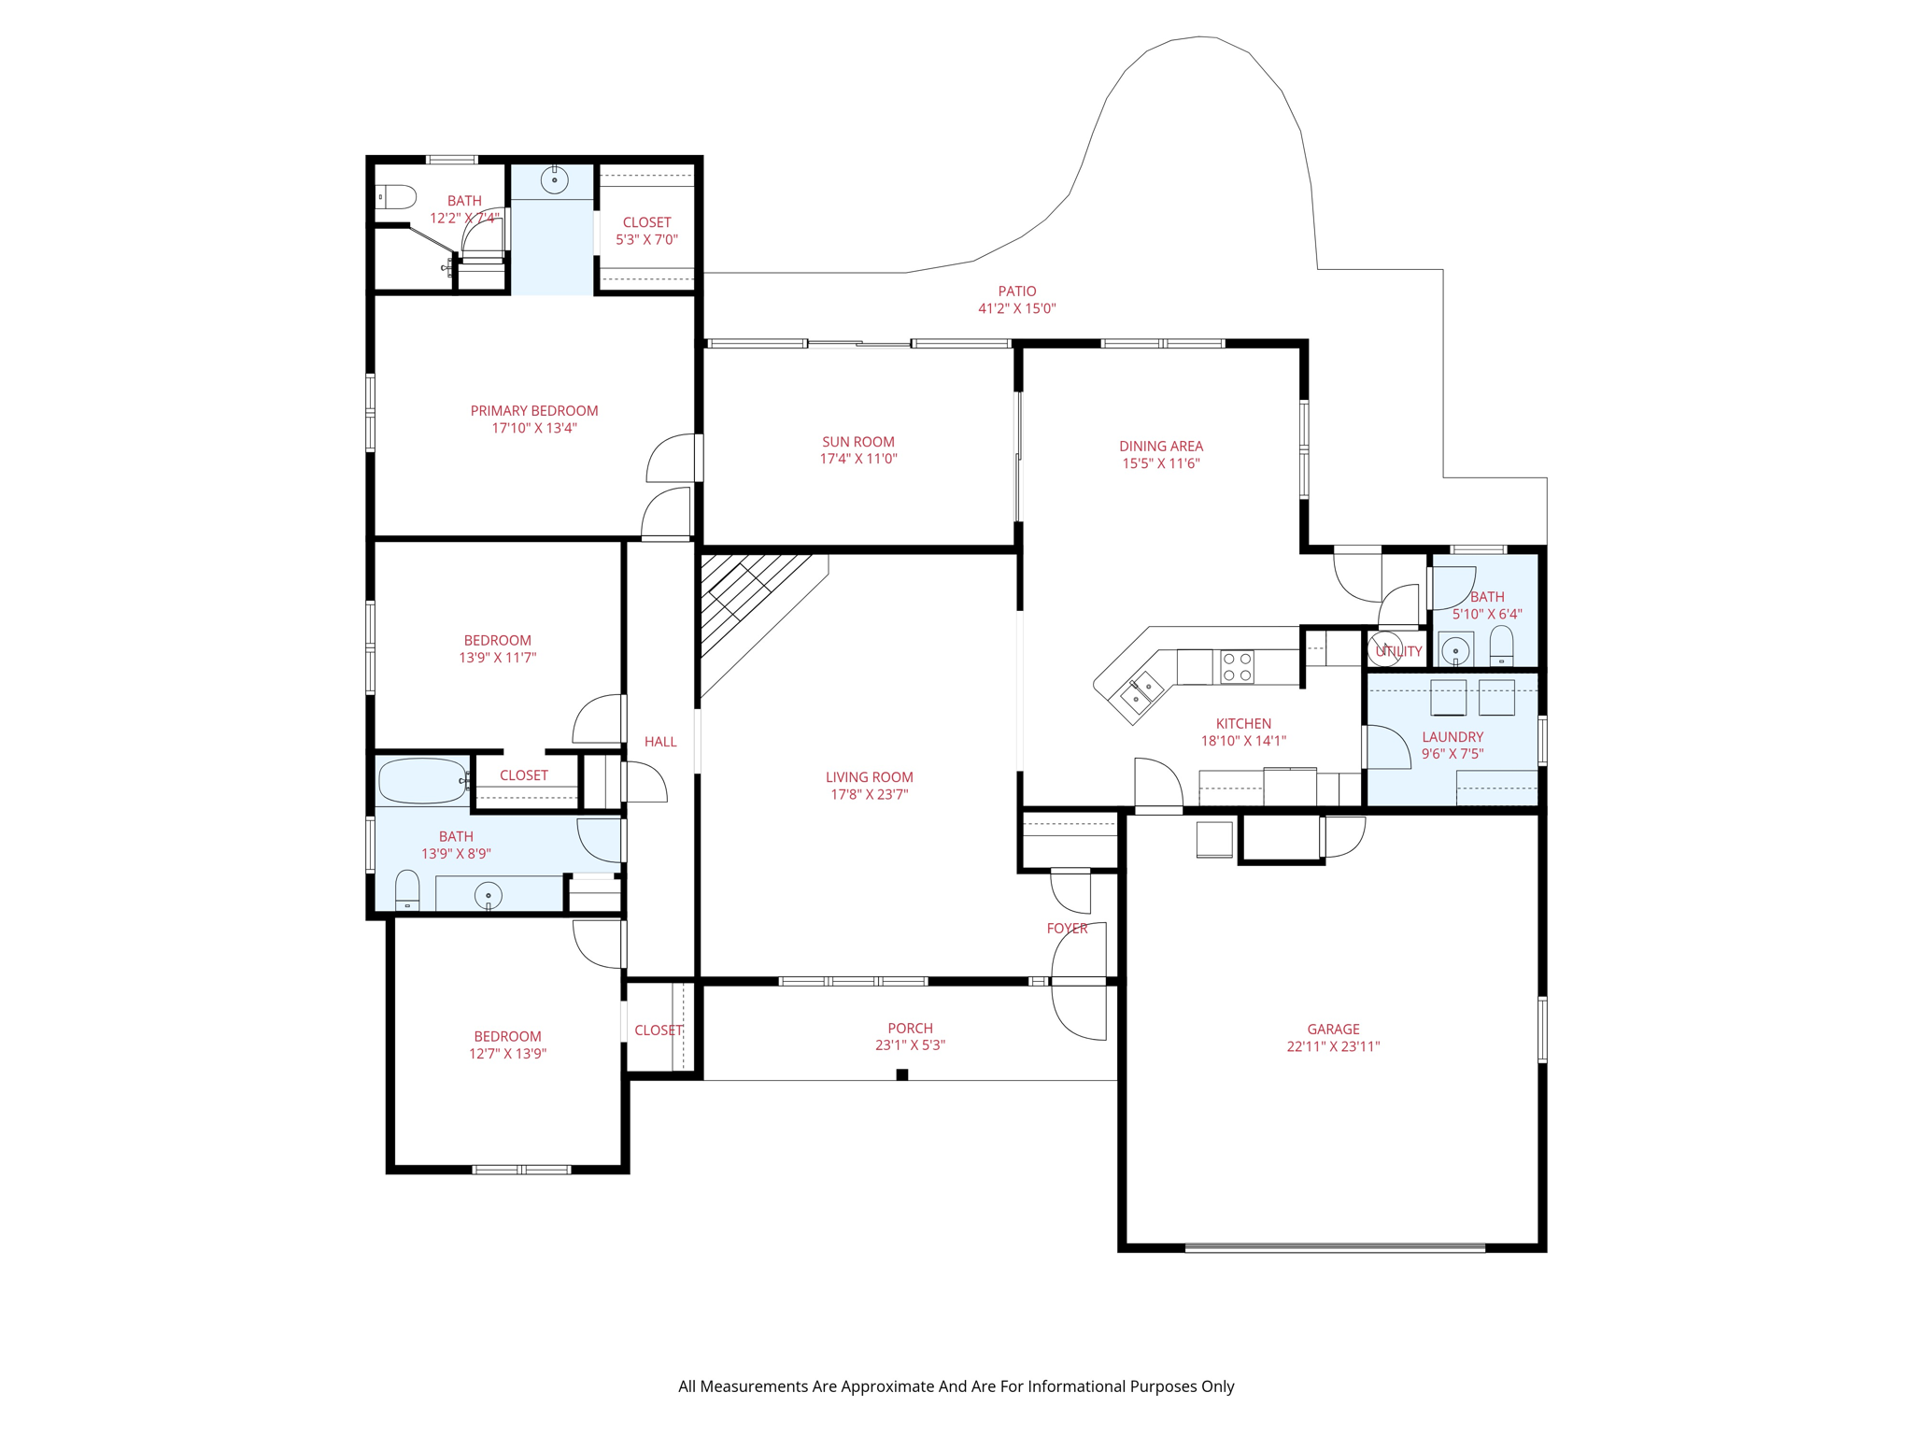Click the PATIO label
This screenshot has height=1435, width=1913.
[x=1017, y=291]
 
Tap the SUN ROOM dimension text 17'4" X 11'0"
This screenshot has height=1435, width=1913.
[x=858, y=459]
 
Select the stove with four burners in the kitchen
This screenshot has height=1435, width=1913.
[x=1238, y=667]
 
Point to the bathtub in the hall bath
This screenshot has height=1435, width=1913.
[x=422, y=781]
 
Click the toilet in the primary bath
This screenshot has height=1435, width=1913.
[x=395, y=197]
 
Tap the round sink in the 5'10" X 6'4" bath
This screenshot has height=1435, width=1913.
[x=1455, y=649]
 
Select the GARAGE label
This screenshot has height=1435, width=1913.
[x=1333, y=1030]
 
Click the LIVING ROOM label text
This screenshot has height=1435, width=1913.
[x=870, y=777]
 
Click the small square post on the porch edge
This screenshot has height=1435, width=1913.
[x=902, y=1074]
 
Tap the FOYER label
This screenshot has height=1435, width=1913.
[x=1067, y=929]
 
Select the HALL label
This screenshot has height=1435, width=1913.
[x=660, y=742]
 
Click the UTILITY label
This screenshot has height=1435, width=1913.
[x=1398, y=651]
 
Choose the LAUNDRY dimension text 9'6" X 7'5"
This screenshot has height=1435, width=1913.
[x=1452, y=754]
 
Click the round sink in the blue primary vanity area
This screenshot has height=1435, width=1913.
[x=555, y=179]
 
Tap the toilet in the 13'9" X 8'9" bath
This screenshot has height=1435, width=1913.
[x=407, y=890]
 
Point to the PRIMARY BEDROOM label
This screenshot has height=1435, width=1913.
[x=534, y=411]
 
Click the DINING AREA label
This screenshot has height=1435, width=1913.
[x=1161, y=447]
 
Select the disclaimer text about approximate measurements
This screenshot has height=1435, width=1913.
[x=956, y=1386]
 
